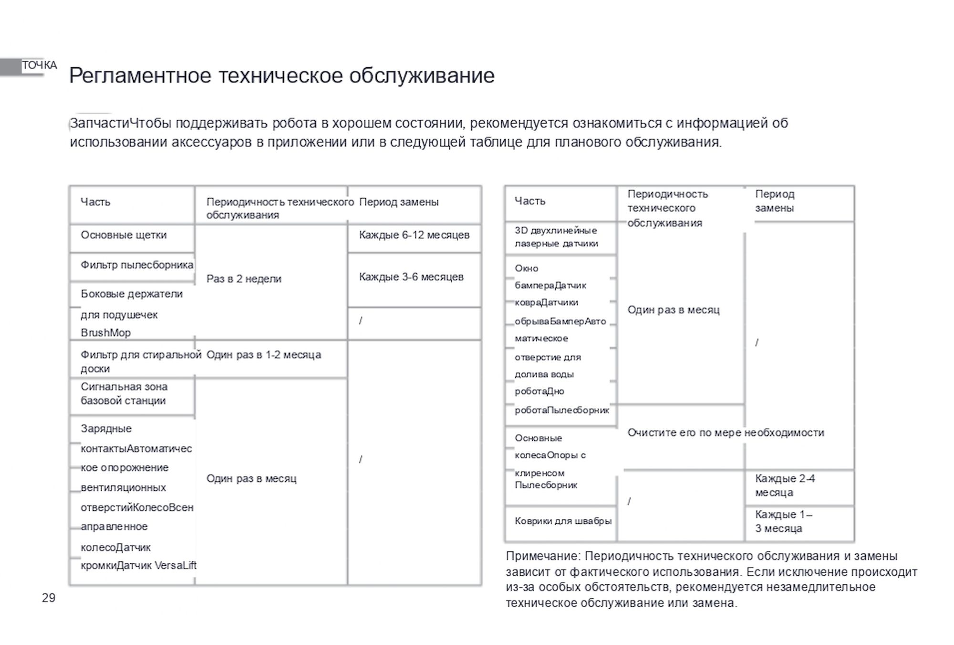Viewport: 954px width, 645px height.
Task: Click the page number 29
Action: [49, 598]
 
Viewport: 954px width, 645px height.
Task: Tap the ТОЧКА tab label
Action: [39, 65]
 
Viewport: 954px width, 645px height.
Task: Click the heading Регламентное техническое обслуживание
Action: [282, 75]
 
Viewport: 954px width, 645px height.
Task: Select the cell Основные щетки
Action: [124, 235]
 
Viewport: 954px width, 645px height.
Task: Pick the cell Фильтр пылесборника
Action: [137, 265]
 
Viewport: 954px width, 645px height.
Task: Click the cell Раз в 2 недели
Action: [244, 279]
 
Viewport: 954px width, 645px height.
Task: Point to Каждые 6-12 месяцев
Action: [414, 235]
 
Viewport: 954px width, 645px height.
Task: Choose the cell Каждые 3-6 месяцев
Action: [411, 277]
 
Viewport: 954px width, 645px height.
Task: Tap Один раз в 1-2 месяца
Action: [264, 355]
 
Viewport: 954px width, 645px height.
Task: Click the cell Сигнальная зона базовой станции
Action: [124, 394]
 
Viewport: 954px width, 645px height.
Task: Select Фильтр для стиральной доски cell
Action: [141, 361]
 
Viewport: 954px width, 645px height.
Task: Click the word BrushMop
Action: [105, 333]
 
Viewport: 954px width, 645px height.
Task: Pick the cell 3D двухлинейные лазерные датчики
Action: [556, 237]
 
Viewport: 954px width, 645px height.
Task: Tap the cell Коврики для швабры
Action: [563, 521]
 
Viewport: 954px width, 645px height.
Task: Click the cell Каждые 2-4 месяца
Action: [785, 486]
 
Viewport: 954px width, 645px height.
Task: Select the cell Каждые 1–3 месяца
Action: [783, 521]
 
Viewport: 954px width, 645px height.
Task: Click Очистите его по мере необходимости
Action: [726, 433]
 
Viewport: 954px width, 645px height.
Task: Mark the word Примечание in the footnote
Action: [542, 556]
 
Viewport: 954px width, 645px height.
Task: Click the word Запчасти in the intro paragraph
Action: [99, 123]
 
